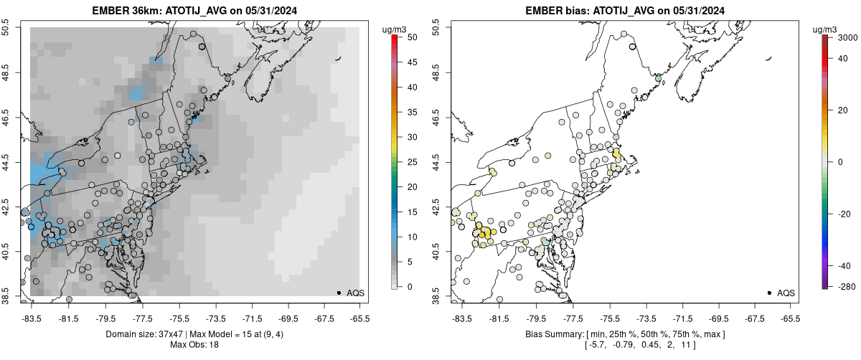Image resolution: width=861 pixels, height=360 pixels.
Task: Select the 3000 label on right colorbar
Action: coord(842,37)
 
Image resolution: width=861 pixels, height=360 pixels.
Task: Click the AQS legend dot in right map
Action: coord(769,293)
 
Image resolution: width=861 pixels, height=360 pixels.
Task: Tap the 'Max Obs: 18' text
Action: coord(194,345)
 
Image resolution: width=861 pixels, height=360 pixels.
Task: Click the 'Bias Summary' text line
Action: coord(624,334)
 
